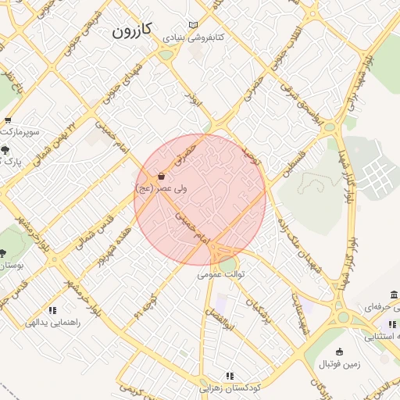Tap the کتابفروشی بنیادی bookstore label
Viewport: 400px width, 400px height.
pyautogui.click(x=194, y=37)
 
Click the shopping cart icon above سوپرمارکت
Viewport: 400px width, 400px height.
pyautogui.click(x=8, y=120)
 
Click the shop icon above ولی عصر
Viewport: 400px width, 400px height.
pyautogui.click(x=161, y=176)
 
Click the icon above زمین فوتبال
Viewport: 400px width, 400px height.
pyautogui.click(x=339, y=352)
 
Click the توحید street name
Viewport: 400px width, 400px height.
pyautogui.click(x=251, y=151)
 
